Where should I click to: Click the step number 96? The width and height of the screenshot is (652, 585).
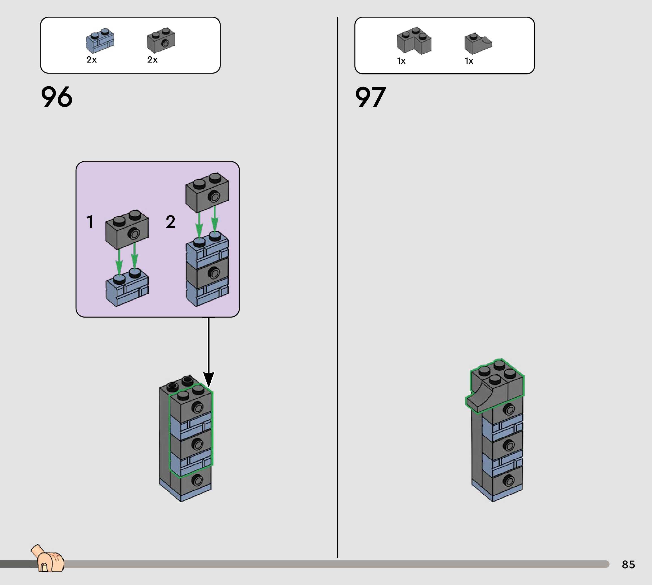[57, 97]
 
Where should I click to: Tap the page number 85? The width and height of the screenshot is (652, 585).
[628, 564]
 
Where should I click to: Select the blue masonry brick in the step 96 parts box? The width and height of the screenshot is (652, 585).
[100, 41]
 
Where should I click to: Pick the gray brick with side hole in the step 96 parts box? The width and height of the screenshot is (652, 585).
[161, 40]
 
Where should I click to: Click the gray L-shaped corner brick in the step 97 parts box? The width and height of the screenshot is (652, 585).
[414, 40]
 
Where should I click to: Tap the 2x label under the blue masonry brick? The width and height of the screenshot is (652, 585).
[92, 60]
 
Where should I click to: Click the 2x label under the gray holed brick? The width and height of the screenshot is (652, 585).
[152, 60]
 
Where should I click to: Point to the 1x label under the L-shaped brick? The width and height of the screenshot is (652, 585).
[401, 61]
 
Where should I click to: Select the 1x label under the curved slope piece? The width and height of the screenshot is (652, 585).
[469, 61]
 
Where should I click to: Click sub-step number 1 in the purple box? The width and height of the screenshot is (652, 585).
[90, 222]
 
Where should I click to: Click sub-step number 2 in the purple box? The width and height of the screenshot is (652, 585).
[171, 222]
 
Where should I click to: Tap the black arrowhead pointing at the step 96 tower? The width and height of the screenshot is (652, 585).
[209, 379]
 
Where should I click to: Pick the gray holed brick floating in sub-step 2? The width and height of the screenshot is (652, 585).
[207, 192]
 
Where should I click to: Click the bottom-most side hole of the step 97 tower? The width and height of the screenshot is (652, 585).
[508, 481]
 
